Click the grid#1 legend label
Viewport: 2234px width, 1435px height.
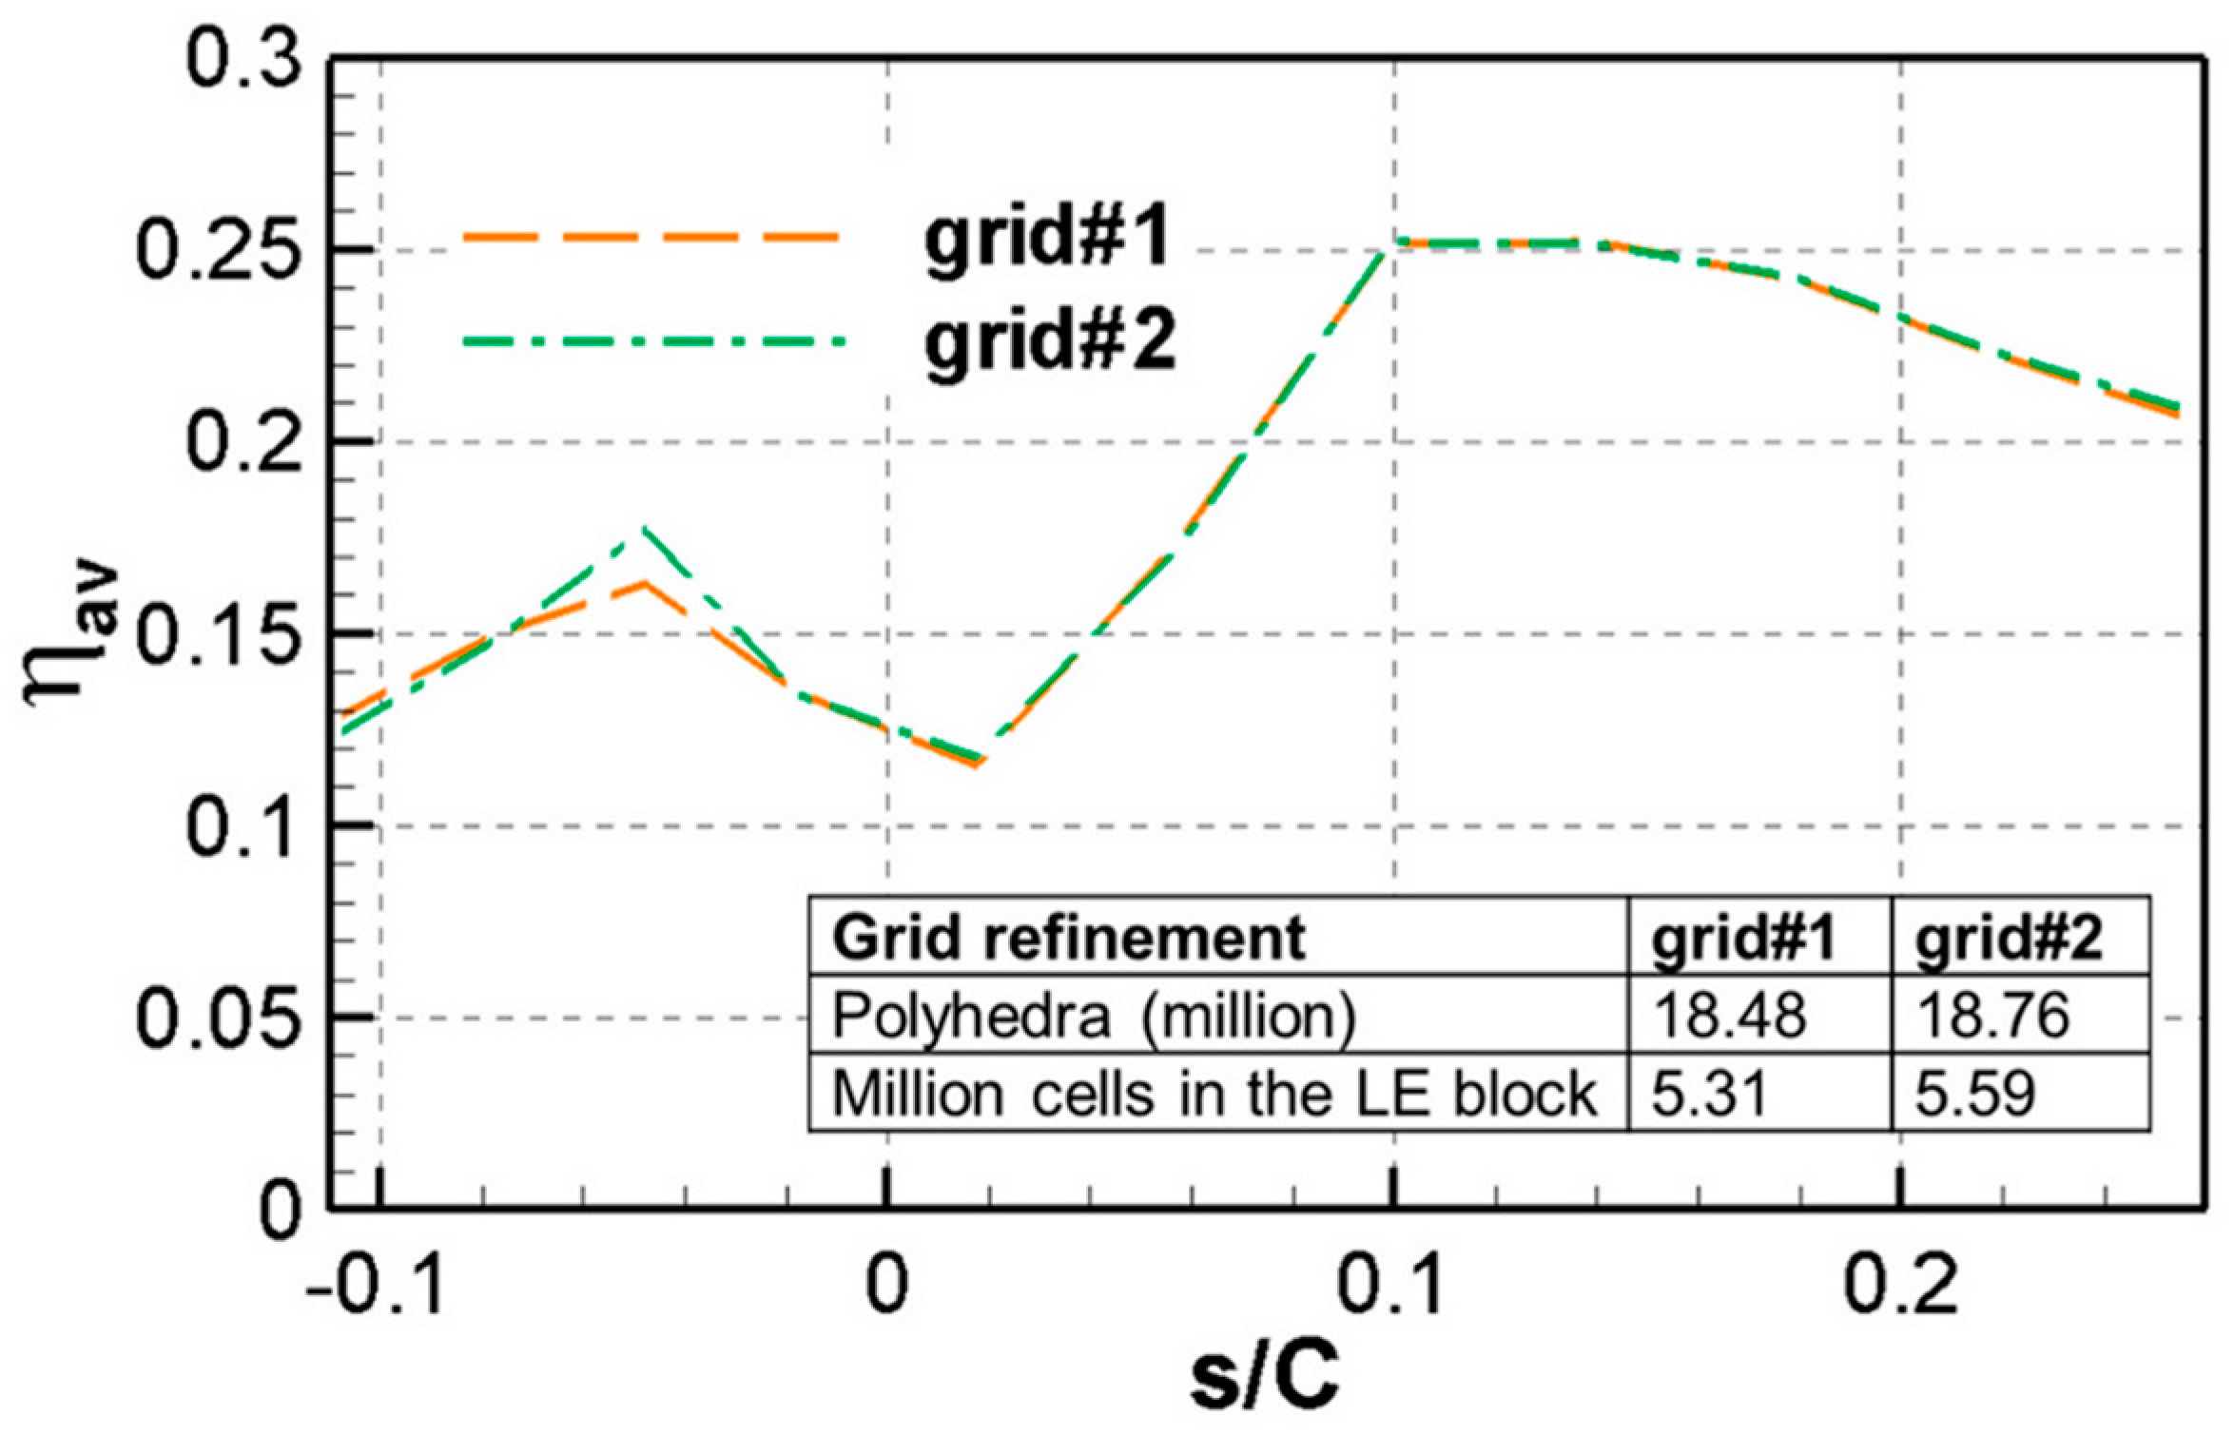1047,239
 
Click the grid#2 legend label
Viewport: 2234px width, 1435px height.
1051,343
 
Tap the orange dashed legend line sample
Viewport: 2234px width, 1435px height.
651,238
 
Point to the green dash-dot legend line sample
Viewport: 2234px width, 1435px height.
653,341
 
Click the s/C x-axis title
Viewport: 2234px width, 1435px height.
1264,1379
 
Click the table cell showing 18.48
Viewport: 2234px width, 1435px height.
1729,1015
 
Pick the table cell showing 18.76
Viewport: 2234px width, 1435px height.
1992,1015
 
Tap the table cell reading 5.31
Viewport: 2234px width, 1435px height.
1709,1093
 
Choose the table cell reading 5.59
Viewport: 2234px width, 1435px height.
1975,1093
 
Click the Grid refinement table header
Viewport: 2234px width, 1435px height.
1068,939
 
